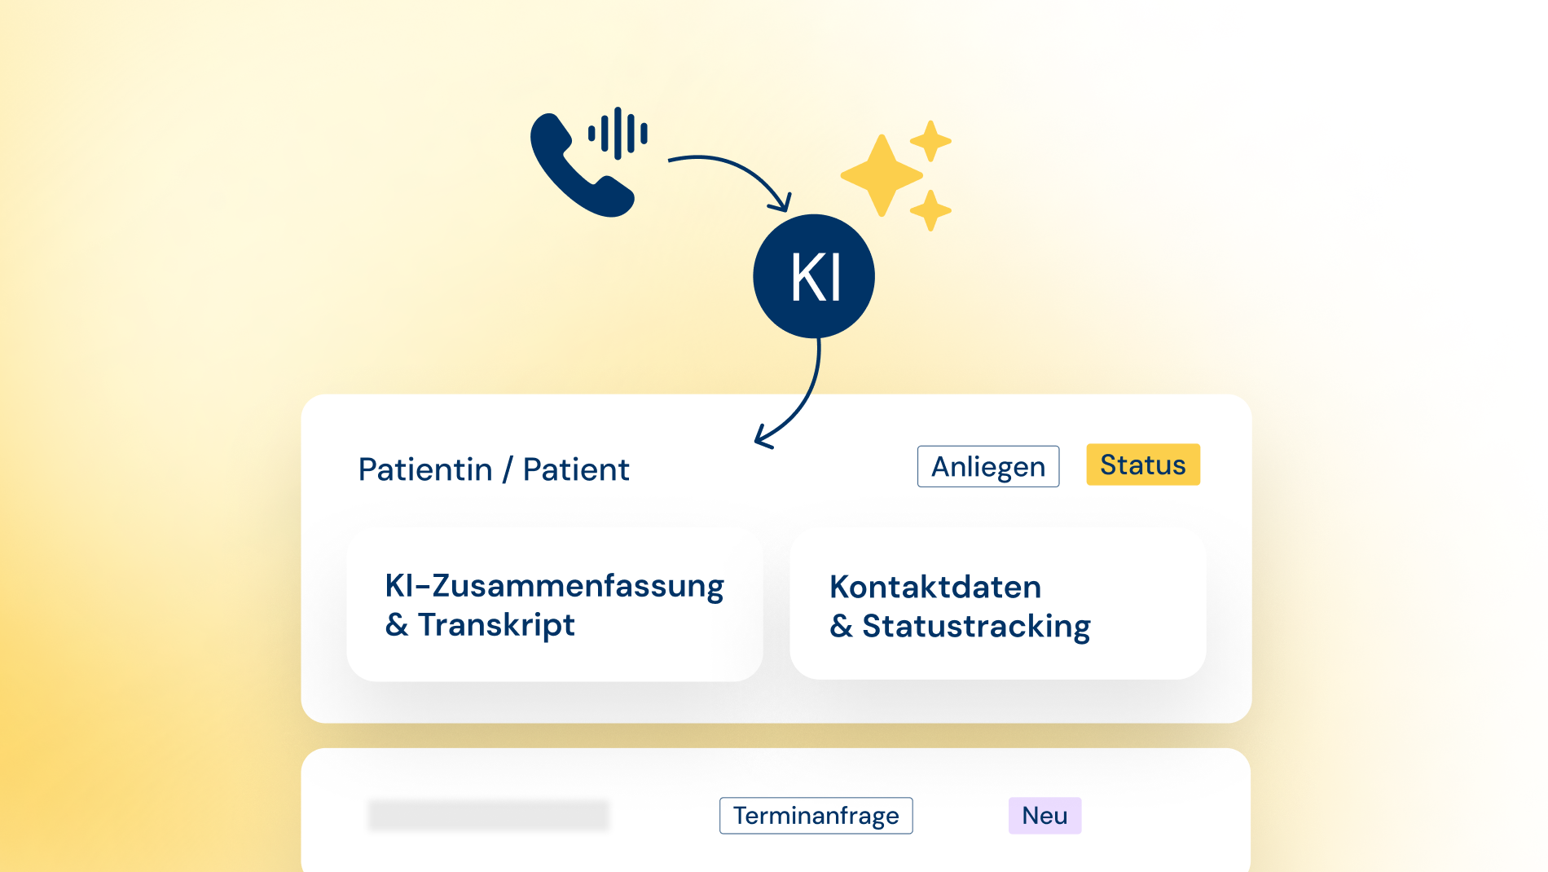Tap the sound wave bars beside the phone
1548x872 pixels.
[x=618, y=133]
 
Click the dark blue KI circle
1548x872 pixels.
[x=814, y=276]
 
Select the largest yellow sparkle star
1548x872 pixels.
[x=882, y=175]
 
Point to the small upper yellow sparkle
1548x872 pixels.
[x=930, y=141]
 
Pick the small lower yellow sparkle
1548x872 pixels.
[x=930, y=210]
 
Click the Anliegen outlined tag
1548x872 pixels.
[x=988, y=466]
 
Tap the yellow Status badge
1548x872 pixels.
[x=1143, y=465]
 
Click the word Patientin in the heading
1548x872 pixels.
[x=425, y=469]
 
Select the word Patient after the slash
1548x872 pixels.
[x=576, y=469]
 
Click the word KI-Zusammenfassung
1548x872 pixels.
[x=554, y=587]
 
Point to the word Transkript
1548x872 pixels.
[x=496, y=625]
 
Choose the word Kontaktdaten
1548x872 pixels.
[x=935, y=587]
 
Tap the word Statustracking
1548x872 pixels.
[x=976, y=627]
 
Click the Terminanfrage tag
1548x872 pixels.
[x=816, y=816]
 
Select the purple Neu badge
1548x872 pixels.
[x=1044, y=816]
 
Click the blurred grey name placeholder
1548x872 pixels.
[x=489, y=815]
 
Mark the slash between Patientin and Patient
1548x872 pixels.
[x=508, y=470]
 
